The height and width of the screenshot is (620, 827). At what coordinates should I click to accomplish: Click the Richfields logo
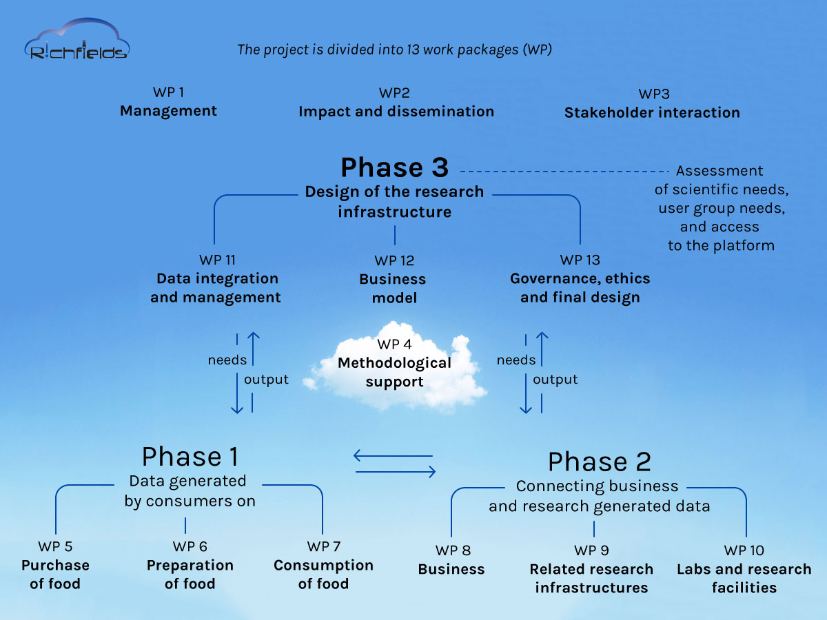(x=76, y=43)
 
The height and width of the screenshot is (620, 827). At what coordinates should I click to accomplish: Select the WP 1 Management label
(x=168, y=103)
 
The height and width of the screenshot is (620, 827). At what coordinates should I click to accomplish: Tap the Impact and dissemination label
(x=396, y=111)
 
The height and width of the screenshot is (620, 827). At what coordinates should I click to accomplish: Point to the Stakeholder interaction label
(x=652, y=112)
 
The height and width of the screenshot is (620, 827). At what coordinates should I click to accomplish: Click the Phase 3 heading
(x=394, y=167)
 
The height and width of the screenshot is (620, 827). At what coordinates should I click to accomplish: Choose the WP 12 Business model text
(x=393, y=280)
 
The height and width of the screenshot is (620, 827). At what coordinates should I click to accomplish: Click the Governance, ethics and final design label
(x=580, y=288)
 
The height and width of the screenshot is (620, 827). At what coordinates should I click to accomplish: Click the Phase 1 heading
(x=190, y=457)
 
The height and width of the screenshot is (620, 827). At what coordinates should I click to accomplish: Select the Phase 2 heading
(x=599, y=462)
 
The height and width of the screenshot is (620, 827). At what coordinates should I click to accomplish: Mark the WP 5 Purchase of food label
(x=55, y=566)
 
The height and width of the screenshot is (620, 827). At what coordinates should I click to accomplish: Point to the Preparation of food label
(x=190, y=574)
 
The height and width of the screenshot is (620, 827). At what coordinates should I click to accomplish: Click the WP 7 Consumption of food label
(x=323, y=566)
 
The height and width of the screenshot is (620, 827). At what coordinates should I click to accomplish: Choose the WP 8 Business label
(x=452, y=560)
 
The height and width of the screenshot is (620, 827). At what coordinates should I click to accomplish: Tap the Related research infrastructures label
(x=591, y=578)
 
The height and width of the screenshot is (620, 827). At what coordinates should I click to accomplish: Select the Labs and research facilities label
(x=744, y=578)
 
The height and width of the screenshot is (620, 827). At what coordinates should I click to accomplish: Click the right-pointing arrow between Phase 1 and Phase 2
(x=396, y=472)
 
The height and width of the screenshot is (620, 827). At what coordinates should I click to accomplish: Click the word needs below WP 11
(x=227, y=360)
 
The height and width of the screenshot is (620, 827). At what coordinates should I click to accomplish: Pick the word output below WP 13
(x=555, y=380)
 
